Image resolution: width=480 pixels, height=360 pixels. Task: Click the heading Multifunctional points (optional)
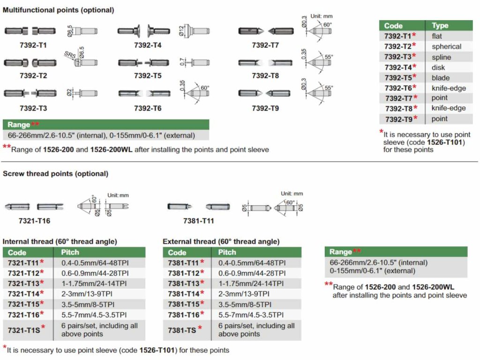coord(58,10)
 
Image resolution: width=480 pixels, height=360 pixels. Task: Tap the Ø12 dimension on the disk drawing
coord(181,31)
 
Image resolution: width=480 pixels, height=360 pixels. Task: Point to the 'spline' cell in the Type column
coord(441,57)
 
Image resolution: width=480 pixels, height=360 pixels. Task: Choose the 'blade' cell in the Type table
coord(440,78)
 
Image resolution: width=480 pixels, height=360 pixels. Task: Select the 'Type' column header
coord(440,26)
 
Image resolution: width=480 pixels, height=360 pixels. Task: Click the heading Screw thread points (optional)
coord(55,173)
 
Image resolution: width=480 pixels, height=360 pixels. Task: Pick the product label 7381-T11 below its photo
coord(198,220)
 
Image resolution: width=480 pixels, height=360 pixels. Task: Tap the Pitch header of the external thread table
coord(227,252)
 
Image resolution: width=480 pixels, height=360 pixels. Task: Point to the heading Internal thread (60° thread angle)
coord(60,241)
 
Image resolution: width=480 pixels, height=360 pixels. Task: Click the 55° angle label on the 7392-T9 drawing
coord(328,88)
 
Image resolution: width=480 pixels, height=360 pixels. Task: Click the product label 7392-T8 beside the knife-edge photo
coord(265,75)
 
